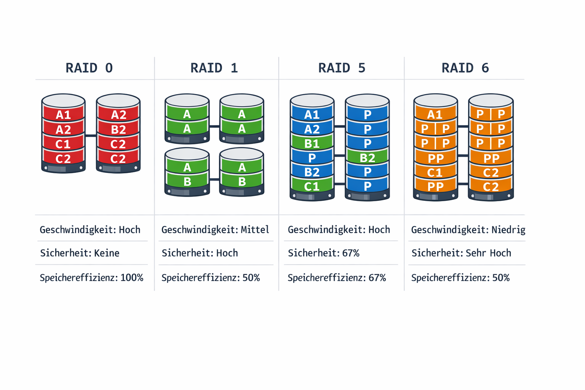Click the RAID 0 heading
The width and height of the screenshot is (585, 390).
pos(89,68)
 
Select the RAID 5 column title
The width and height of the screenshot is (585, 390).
pos(342,68)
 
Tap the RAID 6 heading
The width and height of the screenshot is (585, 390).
pos(465,68)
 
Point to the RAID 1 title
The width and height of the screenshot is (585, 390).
pos(214,68)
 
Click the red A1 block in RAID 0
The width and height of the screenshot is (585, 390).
pos(63,115)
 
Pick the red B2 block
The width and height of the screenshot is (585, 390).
pos(118,129)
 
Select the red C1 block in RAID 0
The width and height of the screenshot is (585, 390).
pos(63,144)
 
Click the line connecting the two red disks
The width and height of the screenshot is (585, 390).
pos(91,136)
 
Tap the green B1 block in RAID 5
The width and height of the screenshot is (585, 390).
pos(312,144)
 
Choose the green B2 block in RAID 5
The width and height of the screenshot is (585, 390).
pos(367,158)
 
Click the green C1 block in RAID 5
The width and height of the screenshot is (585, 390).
pos(312,186)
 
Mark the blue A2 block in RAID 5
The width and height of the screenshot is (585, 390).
pos(312,129)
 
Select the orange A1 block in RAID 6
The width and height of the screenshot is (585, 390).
pos(435,115)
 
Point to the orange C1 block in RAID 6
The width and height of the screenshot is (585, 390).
pos(435,173)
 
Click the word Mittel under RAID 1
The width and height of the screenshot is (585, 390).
pos(255,230)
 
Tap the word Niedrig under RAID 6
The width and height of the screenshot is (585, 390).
pos(508,230)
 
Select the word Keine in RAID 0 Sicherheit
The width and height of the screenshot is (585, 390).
pos(107,253)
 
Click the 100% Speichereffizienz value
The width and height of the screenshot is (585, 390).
pos(132,278)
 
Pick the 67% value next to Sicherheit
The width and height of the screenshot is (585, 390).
pos(351,253)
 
